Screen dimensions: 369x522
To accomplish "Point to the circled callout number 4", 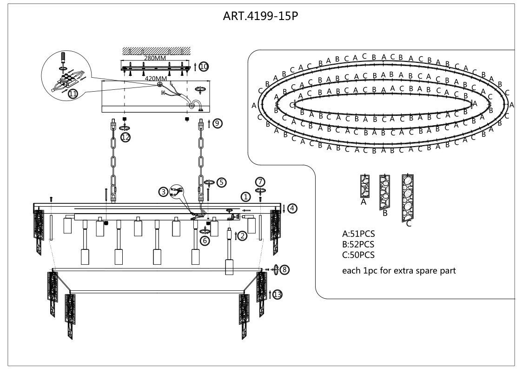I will point(292,208).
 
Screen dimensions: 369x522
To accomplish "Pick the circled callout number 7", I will point(260,181).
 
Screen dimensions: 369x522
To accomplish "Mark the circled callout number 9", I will point(218,123).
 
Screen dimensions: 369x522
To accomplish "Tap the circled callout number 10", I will point(204,67).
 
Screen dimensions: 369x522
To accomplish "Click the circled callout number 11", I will point(73,94).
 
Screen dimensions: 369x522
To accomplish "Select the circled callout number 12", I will point(125,137).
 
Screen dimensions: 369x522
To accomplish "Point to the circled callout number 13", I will point(277,295).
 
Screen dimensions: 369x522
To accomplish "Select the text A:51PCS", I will point(358,234).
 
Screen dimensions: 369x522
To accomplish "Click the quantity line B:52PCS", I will point(358,244).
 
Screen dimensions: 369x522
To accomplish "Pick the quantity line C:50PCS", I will point(358,255).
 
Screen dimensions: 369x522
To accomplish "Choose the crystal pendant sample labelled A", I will point(364,187).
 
